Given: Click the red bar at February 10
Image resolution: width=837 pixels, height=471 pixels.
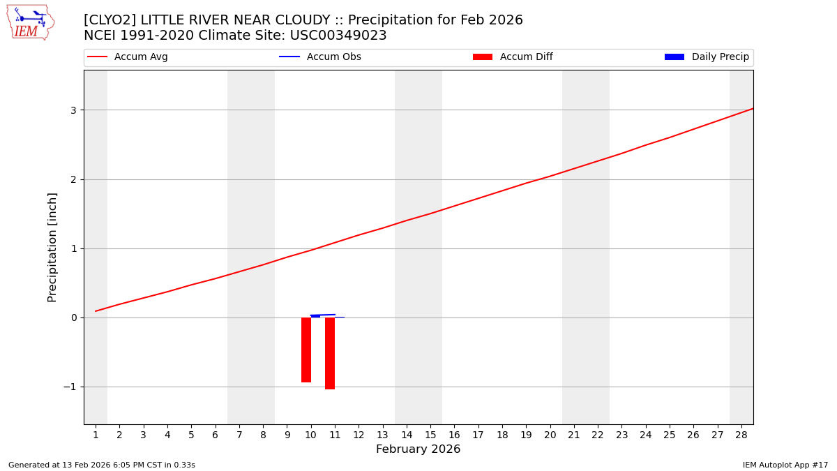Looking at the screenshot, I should pos(306,350).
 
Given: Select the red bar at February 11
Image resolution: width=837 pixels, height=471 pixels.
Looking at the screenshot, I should pos(330,353).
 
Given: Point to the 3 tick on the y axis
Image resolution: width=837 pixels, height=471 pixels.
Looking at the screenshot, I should pos(73,110).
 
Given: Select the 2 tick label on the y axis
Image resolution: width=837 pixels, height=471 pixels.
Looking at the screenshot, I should pos(73,179).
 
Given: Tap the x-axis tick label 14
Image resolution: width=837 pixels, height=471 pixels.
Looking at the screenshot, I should pos(407,435).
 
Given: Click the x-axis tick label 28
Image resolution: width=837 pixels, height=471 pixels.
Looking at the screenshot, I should pos(741,435).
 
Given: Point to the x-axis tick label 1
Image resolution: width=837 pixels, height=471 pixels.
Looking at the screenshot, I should pos(96,435).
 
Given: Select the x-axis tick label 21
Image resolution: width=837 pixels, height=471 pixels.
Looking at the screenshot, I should pos(574,435).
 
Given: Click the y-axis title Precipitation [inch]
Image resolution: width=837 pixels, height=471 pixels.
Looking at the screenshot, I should pos(53,247).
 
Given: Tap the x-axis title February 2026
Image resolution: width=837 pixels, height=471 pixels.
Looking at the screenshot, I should pos(418,449).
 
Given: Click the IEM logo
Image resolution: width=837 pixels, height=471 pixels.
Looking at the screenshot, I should pos(30,22).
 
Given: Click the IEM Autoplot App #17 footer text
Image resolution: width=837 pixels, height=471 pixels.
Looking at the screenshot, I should pos(785,465).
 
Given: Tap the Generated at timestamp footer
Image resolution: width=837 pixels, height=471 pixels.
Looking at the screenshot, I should pos(102,465).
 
